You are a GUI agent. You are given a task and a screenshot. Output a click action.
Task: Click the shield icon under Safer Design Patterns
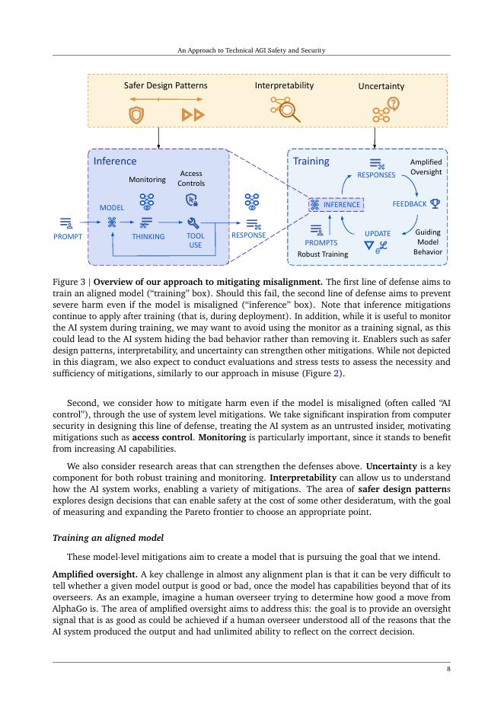(x=136, y=114)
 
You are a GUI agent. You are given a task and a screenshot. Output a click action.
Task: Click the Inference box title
(x=115, y=161)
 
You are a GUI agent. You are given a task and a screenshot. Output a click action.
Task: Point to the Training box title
(x=311, y=161)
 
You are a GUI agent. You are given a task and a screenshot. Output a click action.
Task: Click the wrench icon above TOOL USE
(x=193, y=222)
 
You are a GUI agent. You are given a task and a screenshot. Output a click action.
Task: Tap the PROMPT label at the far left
(x=67, y=236)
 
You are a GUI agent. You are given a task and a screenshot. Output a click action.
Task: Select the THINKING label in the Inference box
(x=148, y=236)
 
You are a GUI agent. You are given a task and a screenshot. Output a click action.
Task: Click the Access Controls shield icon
(x=191, y=200)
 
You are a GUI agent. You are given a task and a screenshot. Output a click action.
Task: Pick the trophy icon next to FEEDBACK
(x=435, y=203)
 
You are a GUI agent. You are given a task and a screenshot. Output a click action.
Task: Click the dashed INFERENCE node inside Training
(x=337, y=204)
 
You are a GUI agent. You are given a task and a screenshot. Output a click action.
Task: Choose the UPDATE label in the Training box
(x=378, y=234)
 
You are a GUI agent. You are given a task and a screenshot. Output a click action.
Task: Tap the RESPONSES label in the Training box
(x=376, y=175)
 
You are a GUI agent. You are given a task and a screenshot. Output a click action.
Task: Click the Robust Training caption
(x=322, y=254)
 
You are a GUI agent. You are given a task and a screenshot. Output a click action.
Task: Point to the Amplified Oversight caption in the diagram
(x=426, y=167)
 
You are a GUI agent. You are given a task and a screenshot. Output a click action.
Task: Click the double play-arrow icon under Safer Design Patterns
(x=193, y=114)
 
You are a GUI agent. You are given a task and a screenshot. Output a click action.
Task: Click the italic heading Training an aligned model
(x=107, y=538)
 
